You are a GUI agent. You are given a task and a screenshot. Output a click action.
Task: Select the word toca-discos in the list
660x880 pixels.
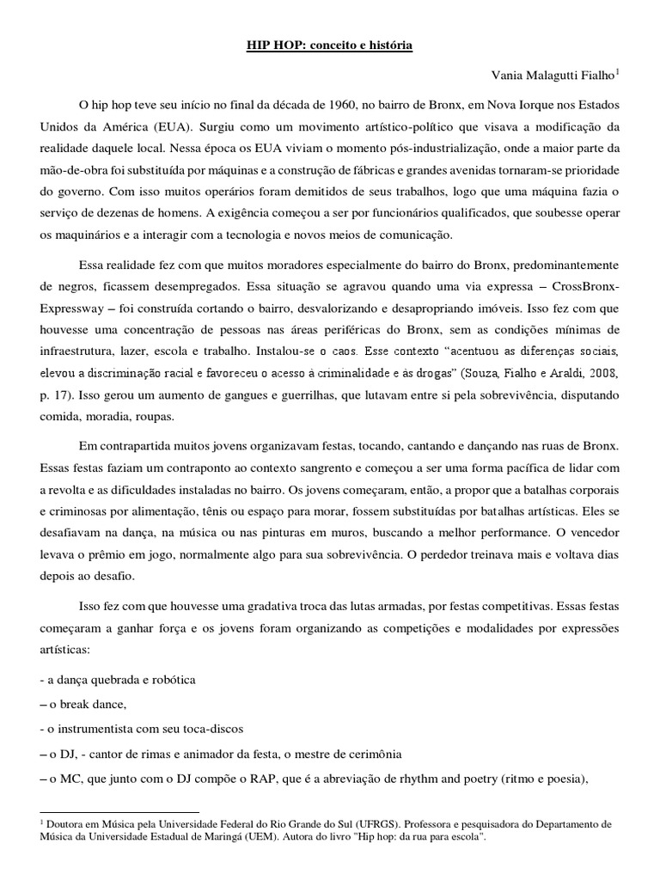click(x=213, y=729)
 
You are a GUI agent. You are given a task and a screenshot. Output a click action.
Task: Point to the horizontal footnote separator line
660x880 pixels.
click(x=119, y=811)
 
